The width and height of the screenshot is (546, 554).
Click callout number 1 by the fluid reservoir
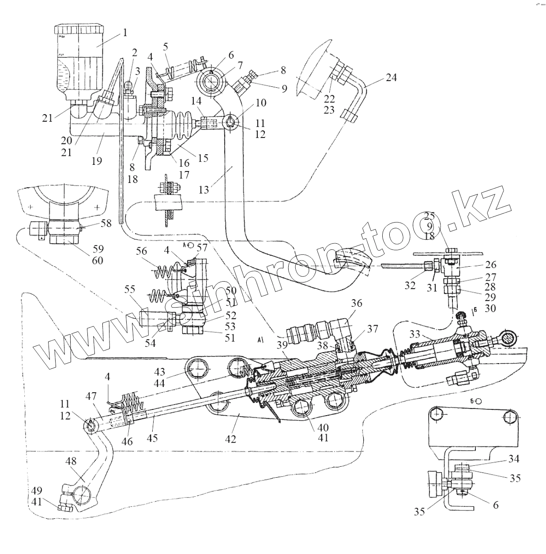pyautogui.click(x=125, y=32)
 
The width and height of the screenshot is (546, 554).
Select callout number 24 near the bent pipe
pyautogui.click(x=391, y=78)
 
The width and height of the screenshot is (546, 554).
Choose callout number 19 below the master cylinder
pyautogui.click(x=96, y=161)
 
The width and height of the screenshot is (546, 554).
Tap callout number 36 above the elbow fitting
pyautogui.click(x=357, y=303)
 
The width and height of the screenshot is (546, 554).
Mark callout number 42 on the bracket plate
pyautogui.click(x=230, y=439)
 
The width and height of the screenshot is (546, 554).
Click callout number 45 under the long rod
pyautogui.click(x=152, y=438)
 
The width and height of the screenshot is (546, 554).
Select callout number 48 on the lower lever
pyautogui.click(x=71, y=461)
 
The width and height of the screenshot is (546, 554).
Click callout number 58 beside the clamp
pyautogui.click(x=106, y=223)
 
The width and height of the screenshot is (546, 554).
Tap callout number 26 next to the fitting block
pyautogui.click(x=490, y=264)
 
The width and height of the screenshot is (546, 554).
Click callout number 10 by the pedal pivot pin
pyautogui.click(x=260, y=103)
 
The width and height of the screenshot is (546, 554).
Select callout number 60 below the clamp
pyautogui.click(x=98, y=260)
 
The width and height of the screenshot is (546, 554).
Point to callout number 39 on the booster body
pyautogui.click(x=282, y=344)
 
